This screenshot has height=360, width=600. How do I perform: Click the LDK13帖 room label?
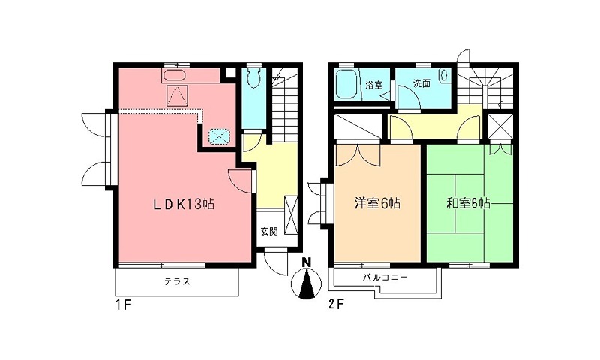pyautogui.click(x=184, y=204)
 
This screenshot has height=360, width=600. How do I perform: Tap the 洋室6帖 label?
pyautogui.click(x=377, y=203)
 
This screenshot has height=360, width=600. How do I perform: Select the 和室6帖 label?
pyautogui.click(x=468, y=203)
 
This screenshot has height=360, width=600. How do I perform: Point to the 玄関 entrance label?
pyautogui.click(x=269, y=232)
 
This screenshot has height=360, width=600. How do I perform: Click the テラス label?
pyautogui.click(x=177, y=282)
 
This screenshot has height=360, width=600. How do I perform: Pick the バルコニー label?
pyautogui.click(x=385, y=277)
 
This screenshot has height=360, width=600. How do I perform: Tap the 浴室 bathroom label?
pyautogui.click(x=373, y=85)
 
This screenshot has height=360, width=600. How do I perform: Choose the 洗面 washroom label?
pyautogui.click(x=421, y=83)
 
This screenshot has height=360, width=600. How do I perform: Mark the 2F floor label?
pyautogui.click(x=337, y=305)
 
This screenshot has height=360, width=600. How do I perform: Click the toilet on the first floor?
pyautogui.click(x=253, y=77)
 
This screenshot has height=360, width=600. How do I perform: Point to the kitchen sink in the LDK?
pyautogui.click(x=175, y=75)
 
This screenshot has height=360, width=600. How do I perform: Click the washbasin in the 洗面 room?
pyautogui.click(x=445, y=75)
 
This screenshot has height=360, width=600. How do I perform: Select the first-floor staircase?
pyautogui.click(x=284, y=104)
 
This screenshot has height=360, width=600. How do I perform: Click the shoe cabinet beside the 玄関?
pyautogui.click(x=291, y=215)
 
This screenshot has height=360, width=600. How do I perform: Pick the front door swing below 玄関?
pyautogui.click(x=275, y=261)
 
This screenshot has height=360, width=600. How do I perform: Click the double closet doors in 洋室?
pyautogui.click(x=358, y=155)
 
